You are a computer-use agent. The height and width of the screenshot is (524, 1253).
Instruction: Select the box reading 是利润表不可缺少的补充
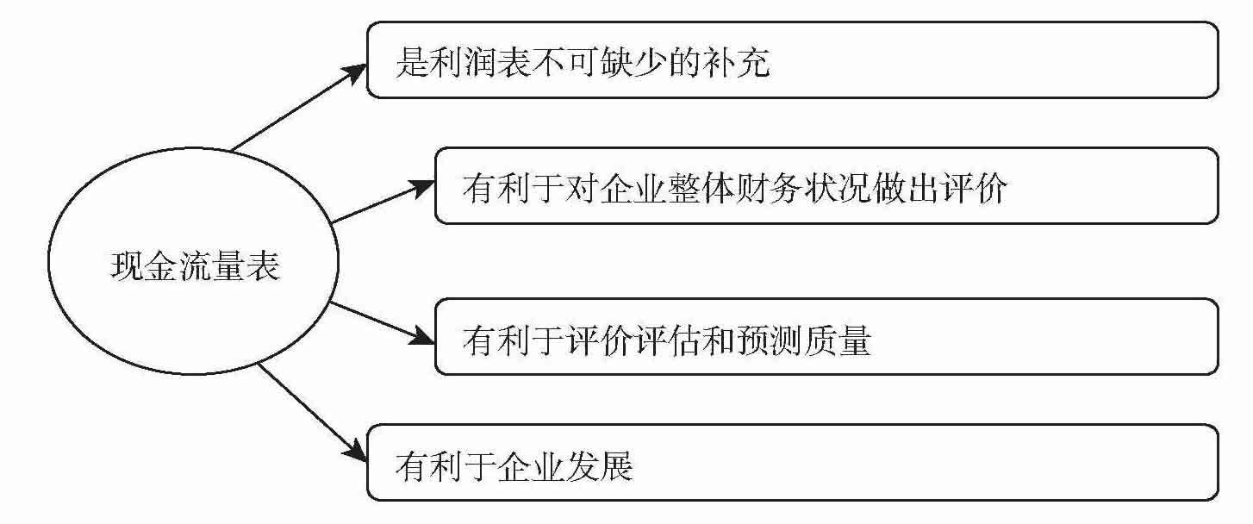[x=792, y=60]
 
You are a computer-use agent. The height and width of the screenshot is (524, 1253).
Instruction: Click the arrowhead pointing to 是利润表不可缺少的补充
[x=358, y=72]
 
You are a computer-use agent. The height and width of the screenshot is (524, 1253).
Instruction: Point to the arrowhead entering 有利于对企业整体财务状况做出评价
[x=424, y=187]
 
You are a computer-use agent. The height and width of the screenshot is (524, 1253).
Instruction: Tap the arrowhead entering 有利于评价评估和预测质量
[x=424, y=338]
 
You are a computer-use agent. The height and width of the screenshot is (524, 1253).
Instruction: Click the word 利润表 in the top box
[x=475, y=62]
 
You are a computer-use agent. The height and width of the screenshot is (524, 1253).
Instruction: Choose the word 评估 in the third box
[x=651, y=339]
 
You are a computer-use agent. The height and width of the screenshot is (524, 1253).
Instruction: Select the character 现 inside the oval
[x=125, y=268]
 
